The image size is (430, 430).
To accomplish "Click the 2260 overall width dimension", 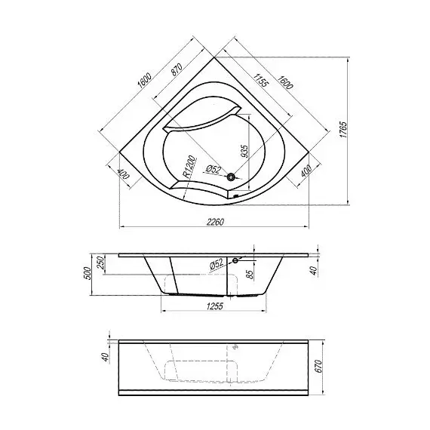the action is click(215, 222).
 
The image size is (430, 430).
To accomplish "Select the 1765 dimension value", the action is click(343, 130).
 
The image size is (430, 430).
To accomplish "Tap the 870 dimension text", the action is click(177, 70).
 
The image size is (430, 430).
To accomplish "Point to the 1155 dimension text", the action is click(260, 80).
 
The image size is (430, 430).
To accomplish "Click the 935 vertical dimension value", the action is click(244, 151).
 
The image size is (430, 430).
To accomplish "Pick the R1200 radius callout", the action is click(189, 167).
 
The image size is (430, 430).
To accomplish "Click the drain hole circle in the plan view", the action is click(231, 177).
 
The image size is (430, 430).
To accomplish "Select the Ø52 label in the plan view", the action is click(213, 169).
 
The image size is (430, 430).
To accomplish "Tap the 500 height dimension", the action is click(88, 273).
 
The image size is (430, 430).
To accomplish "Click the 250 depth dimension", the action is click(100, 262).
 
